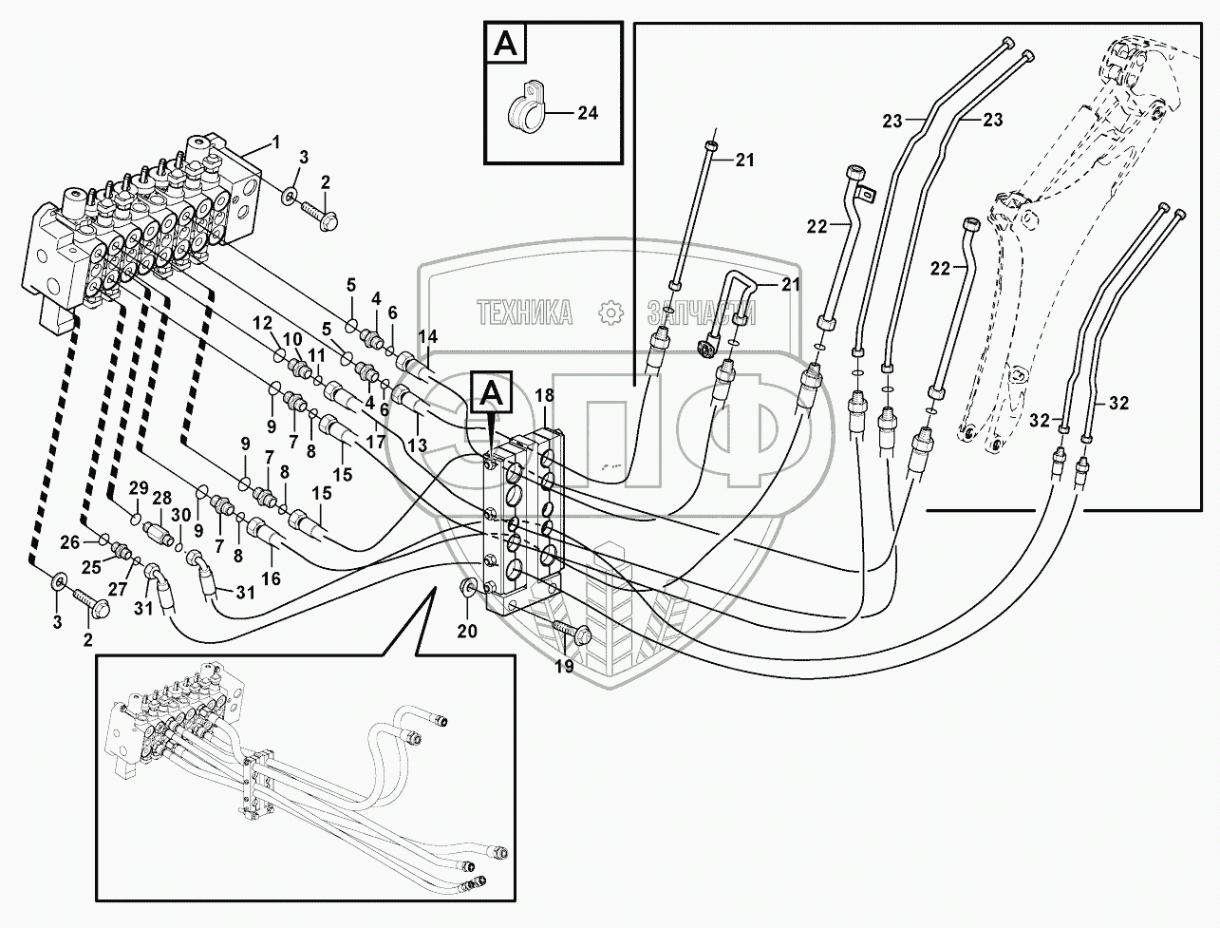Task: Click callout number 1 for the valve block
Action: (x=276, y=142)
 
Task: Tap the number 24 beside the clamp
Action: (x=588, y=113)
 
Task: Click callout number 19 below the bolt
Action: (x=564, y=666)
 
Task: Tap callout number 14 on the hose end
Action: (x=427, y=335)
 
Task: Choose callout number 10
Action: (x=292, y=339)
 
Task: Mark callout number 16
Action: (x=269, y=578)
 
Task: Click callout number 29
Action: (x=139, y=488)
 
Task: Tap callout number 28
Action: (x=162, y=499)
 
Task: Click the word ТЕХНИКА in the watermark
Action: (x=525, y=311)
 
